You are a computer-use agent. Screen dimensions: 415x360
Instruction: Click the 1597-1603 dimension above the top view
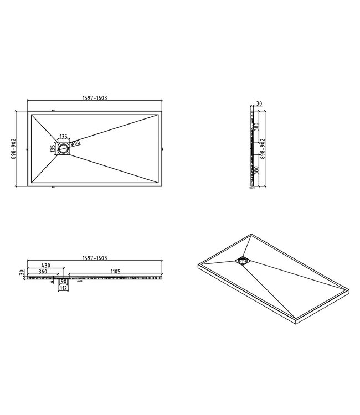click(x=94, y=97)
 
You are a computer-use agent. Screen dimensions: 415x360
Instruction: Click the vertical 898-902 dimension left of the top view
click(x=12, y=148)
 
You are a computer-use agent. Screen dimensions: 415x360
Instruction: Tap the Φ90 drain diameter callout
click(x=76, y=142)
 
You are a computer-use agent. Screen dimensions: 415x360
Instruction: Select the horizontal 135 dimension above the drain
click(x=63, y=136)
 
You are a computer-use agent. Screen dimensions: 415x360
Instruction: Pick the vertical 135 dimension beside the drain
click(x=53, y=148)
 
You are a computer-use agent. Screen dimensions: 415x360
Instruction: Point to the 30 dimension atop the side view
click(x=259, y=103)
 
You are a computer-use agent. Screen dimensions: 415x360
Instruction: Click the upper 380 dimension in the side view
click(x=257, y=126)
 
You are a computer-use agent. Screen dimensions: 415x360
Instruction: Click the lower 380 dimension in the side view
click(x=257, y=170)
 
